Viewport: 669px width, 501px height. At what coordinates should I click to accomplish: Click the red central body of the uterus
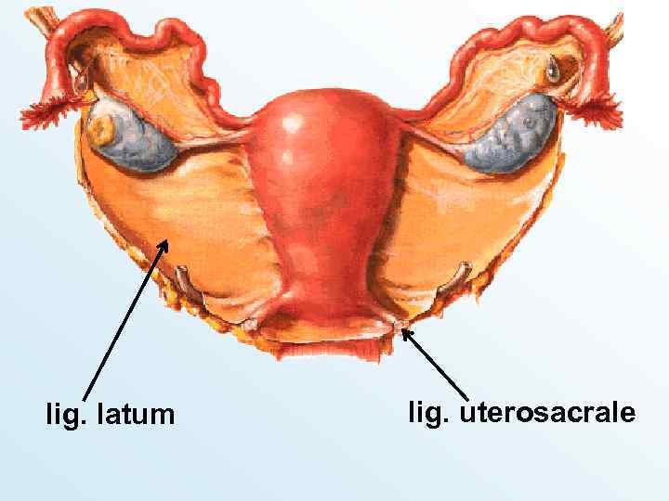[x=321, y=195]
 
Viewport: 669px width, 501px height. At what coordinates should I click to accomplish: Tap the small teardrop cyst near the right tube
[x=554, y=67]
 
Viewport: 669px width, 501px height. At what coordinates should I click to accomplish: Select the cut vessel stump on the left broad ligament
[x=182, y=276]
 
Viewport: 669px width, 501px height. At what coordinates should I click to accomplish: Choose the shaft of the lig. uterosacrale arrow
[x=437, y=367]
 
